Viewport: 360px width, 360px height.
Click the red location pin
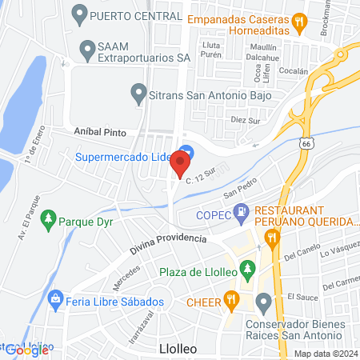tap(180, 164)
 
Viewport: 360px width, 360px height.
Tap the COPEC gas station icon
tap(238, 213)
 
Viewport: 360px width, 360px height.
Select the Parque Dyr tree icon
tap(49, 218)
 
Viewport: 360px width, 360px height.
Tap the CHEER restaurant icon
tap(232, 301)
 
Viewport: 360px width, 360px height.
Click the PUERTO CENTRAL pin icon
tap(79, 14)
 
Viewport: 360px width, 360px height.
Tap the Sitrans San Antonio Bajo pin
tap(138, 94)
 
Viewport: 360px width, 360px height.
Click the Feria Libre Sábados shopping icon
tap(56, 302)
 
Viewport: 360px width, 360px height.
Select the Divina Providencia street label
tap(170, 241)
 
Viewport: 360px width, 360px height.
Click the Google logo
tap(27, 350)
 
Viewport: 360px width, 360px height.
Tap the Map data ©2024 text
tap(325, 354)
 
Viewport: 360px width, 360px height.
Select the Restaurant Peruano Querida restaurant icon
tap(272, 235)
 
